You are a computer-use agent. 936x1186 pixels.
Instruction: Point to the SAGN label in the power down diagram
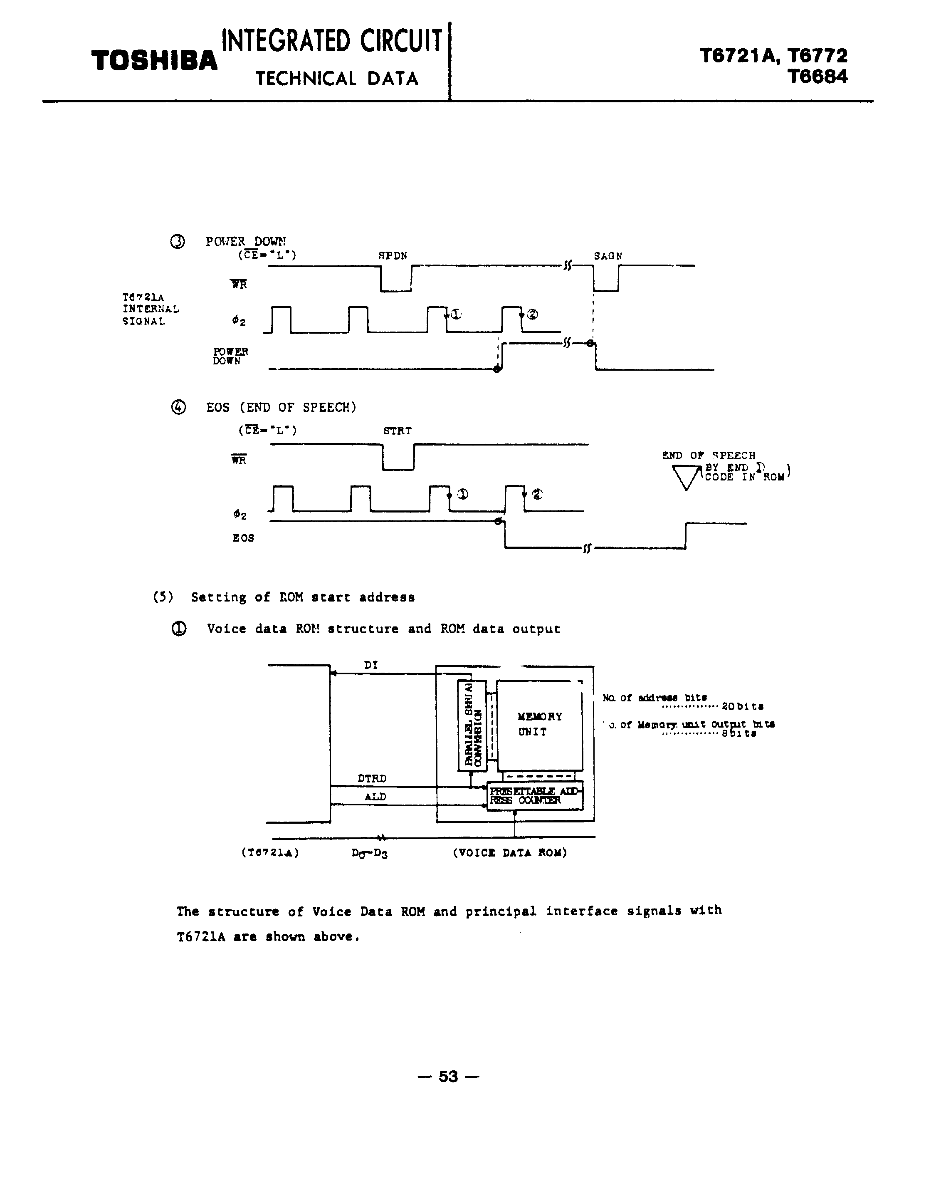[x=608, y=256]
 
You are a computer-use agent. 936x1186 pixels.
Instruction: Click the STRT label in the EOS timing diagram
[x=397, y=431]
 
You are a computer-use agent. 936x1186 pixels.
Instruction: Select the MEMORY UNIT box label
[x=539, y=724]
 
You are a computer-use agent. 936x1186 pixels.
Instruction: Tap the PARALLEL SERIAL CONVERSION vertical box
[x=472, y=725]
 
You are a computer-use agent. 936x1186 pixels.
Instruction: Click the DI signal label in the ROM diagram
[x=371, y=665]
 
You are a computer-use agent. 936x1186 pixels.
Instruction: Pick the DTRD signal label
[x=372, y=779]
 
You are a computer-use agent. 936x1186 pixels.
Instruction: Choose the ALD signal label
[x=375, y=797]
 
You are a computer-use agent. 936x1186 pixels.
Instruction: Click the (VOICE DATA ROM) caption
[x=510, y=853]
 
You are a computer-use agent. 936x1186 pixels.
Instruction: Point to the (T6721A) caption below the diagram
[x=269, y=853]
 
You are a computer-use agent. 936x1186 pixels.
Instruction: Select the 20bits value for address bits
[x=743, y=706]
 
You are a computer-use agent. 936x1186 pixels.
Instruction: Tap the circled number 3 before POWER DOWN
[x=178, y=242]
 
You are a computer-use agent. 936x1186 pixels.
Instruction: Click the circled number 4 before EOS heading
[x=178, y=407]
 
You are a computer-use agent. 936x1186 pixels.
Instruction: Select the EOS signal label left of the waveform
[x=243, y=538]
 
